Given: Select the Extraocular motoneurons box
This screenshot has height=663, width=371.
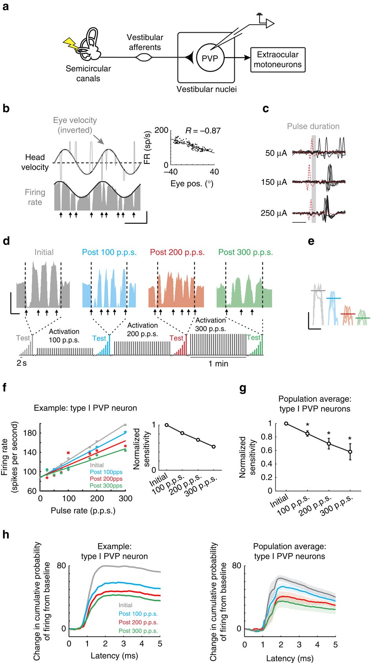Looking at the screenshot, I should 277,60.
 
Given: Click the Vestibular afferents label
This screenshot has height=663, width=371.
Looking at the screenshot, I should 145,42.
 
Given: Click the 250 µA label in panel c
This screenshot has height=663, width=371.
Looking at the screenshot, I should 274,213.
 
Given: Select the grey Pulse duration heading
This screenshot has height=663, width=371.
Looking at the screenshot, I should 313,126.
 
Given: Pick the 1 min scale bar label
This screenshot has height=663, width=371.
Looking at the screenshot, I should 218,364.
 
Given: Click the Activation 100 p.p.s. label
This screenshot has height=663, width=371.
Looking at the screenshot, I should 64,336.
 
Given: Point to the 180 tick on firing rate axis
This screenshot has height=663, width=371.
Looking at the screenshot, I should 30,433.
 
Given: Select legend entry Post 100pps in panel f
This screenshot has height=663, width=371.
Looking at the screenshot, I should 106,472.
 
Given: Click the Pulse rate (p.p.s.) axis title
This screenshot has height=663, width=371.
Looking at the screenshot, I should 83,511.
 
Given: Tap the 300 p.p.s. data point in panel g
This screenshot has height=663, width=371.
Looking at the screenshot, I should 350,452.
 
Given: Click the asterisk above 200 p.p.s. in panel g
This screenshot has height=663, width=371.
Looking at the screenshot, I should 329,434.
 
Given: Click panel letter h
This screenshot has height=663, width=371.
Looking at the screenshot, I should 6,535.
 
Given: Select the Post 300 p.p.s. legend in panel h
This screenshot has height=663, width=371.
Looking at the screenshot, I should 138,631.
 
